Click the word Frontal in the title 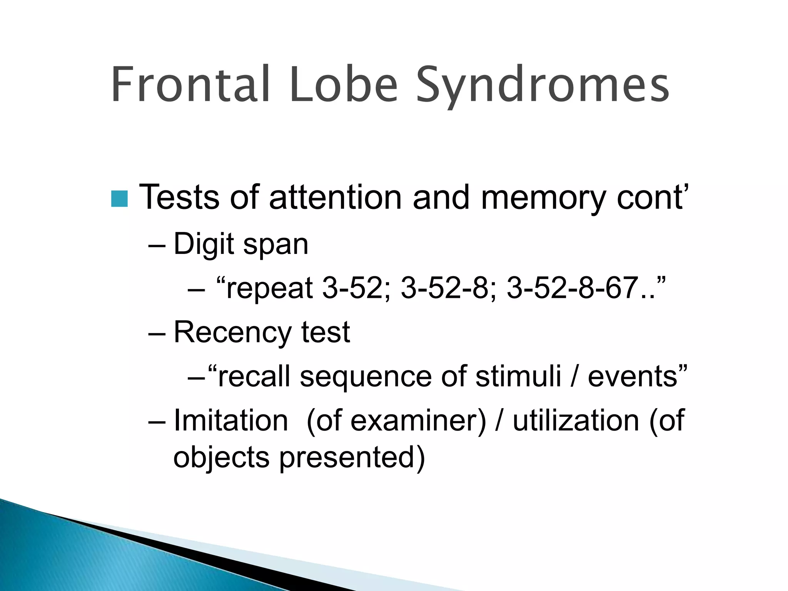point(191,85)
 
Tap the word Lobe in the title point(344,85)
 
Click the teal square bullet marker point(119,199)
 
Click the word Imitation point(231,420)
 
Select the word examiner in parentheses point(418,420)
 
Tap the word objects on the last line point(221,458)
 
